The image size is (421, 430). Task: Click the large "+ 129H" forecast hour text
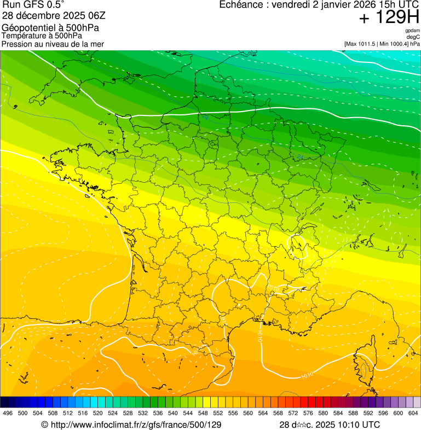point(389,18)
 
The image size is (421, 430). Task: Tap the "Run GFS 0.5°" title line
point(33,5)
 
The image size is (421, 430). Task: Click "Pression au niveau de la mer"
point(53,43)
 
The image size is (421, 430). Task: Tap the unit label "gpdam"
point(412,31)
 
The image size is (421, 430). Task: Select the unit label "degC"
point(414,37)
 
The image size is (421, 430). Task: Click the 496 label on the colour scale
point(8,414)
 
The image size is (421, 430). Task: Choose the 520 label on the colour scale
point(98,414)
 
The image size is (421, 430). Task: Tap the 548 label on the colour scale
point(203,414)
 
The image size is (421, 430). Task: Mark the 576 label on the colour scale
point(308,414)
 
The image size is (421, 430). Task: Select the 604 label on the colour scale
point(413,414)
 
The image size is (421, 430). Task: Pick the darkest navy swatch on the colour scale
point(4,402)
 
